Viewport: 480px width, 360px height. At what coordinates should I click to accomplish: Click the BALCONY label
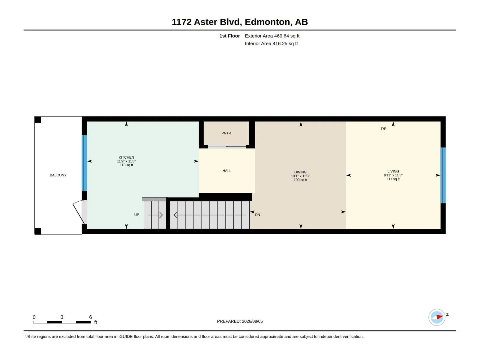[58, 175]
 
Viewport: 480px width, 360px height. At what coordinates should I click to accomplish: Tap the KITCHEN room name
[126, 157]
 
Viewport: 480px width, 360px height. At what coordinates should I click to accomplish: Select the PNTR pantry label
[226, 133]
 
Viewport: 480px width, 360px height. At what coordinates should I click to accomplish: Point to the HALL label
[227, 171]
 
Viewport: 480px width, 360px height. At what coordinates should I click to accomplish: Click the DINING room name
[300, 172]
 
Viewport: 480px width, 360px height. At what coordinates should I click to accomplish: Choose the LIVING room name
[393, 171]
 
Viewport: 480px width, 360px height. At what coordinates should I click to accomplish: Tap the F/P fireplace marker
[383, 129]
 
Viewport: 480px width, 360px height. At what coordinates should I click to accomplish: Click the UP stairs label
[136, 215]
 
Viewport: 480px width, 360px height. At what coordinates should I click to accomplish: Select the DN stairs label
[257, 215]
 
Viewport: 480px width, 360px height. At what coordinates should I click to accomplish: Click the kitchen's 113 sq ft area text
[126, 165]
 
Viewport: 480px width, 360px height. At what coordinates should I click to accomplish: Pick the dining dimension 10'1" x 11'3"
[300, 176]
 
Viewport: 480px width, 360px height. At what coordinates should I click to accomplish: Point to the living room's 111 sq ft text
[393, 179]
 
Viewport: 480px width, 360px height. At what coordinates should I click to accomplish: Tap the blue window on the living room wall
[443, 175]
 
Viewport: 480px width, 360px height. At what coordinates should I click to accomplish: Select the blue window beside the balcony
[84, 163]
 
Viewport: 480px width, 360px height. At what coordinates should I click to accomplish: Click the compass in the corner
[437, 317]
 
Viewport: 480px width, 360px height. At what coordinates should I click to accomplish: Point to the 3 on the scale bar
[62, 317]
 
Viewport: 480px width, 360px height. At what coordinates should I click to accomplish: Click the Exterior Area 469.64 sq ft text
[272, 36]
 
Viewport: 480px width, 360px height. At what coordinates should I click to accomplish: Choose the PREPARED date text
[240, 321]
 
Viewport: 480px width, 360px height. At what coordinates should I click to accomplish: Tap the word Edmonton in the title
[267, 22]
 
